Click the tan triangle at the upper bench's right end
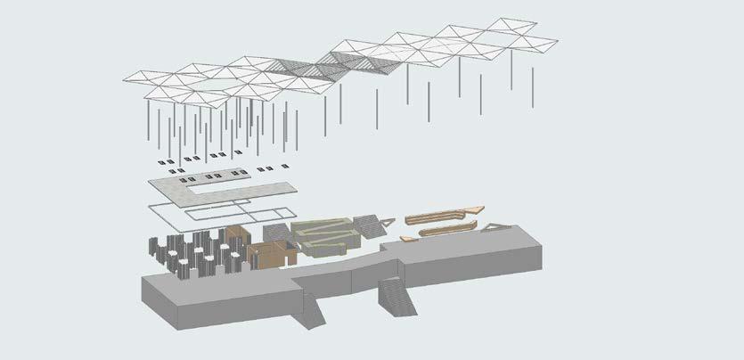pos(478,209)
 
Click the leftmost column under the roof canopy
pos(147,125)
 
